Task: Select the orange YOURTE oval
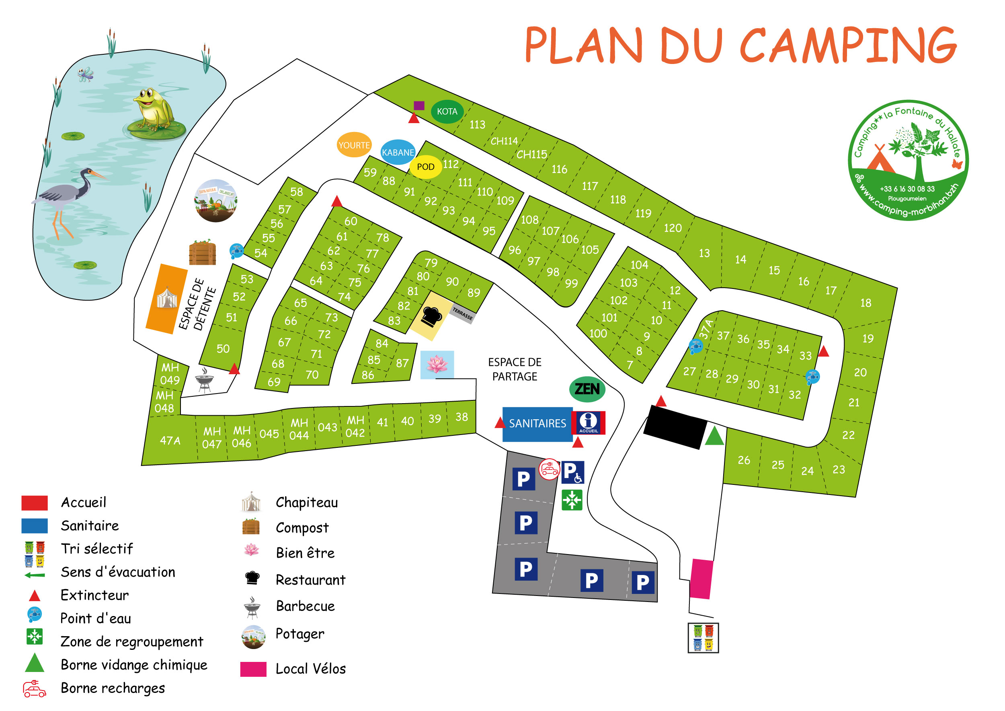click(354, 145)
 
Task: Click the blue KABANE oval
click(398, 153)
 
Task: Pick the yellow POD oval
click(425, 167)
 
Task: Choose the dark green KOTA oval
click(447, 112)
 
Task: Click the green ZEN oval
click(587, 389)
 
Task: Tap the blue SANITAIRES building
click(537, 424)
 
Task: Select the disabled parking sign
click(572, 472)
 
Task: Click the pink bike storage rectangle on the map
click(701, 579)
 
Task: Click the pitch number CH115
click(531, 155)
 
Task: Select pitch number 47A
click(170, 440)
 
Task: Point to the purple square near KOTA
click(419, 105)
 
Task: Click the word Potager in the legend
click(300, 634)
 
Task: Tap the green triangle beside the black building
click(714, 436)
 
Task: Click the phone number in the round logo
click(907, 189)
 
